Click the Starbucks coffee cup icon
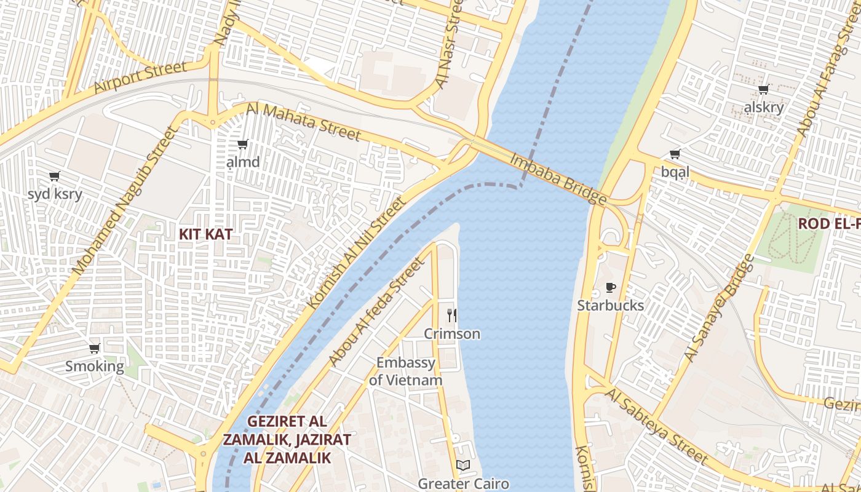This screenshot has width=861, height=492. click(x=610, y=287)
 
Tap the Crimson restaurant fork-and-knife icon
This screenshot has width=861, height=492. click(x=452, y=315)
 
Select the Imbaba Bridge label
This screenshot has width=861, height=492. click(x=558, y=178)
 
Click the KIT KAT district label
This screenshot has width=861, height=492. click(x=205, y=234)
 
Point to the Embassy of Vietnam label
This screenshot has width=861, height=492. click(x=406, y=371)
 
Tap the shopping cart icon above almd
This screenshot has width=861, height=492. click(x=242, y=145)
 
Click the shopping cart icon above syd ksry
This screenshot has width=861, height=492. click(x=55, y=177)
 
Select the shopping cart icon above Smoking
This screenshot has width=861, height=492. click(x=95, y=349)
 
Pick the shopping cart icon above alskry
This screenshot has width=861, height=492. click(x=764, y=90)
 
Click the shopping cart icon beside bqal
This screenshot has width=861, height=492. click(x=675, y=154)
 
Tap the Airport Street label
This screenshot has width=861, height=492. click(x=140, y=77)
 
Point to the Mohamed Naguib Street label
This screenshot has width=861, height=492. click(x=116, y=200)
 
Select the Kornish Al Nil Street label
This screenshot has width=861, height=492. click(x=357, y=252)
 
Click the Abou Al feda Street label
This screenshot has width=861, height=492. click(x=376, y=312)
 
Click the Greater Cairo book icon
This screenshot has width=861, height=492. click(x=463, y=466)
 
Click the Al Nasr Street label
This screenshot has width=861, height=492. click(x=448, y=44)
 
